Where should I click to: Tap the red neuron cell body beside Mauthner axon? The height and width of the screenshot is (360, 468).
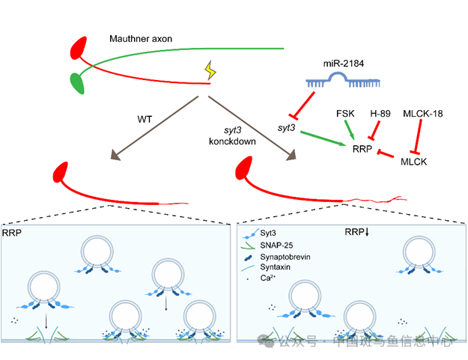pos(79,50)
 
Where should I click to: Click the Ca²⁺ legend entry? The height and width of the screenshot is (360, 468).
pos(268,278)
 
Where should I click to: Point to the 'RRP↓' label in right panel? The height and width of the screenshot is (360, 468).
pos(356,232)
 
